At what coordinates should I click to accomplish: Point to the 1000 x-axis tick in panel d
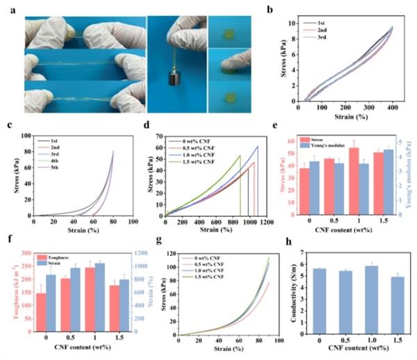(x=249, y=221)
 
